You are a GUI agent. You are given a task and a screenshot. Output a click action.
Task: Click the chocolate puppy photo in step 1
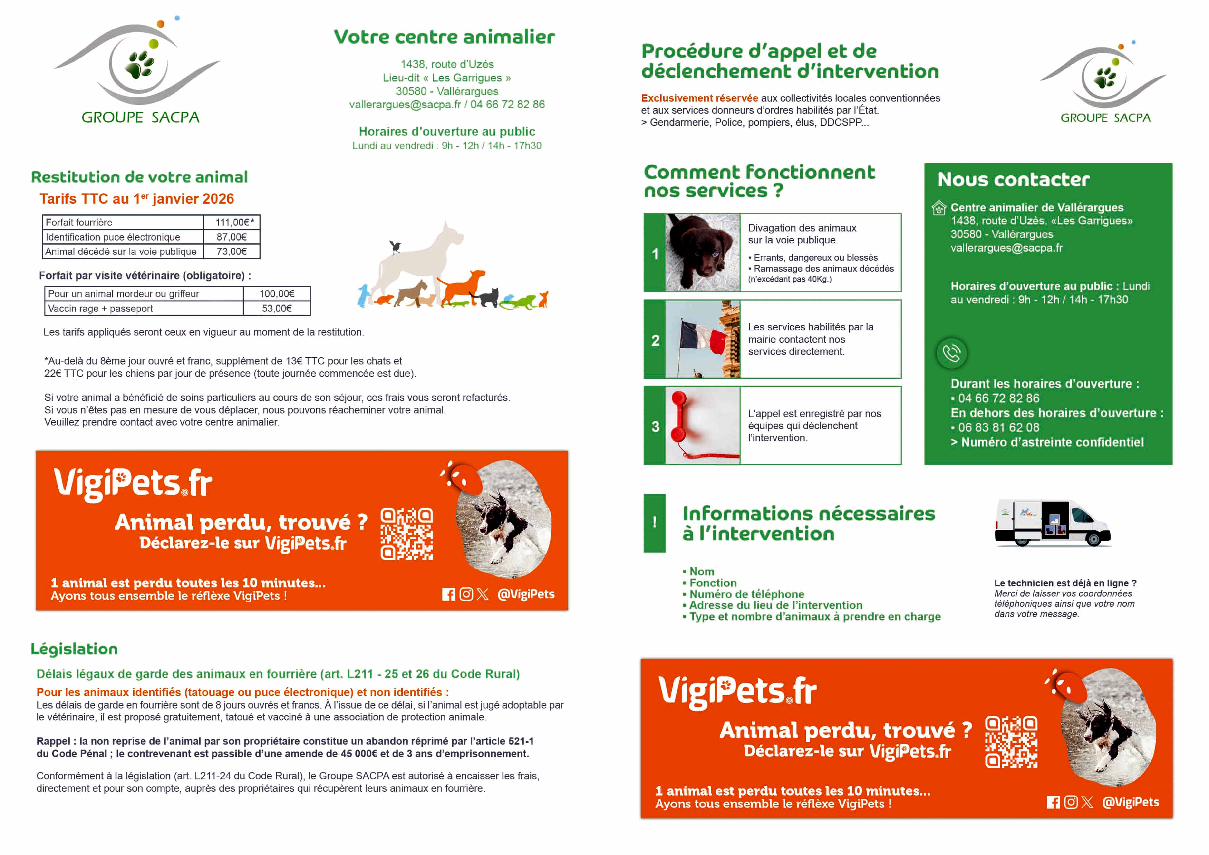tap(702, 253)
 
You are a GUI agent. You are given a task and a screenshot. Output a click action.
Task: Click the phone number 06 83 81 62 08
tap(998, 427)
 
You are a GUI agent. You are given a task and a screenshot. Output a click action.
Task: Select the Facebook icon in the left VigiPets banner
tap(448, 594)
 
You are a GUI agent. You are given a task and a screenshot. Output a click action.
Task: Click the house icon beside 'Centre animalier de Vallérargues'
tap(939, 208)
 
